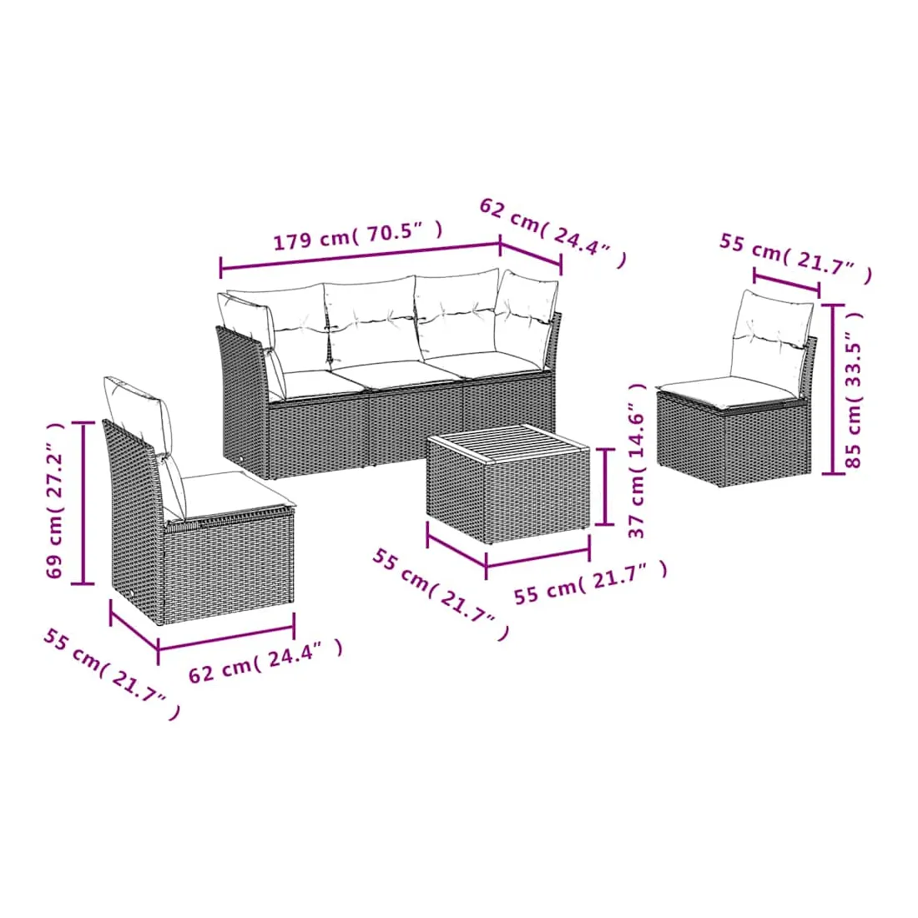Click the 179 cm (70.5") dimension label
[358, 236]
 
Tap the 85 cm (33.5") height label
[855, 389]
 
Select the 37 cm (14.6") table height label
[637, 461]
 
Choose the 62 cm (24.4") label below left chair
[265, 662]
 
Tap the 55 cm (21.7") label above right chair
[795, 258]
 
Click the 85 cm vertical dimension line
[833, 389]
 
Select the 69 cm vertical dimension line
[83, 503]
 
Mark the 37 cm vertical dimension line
[605, 487]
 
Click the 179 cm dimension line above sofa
[360, 256]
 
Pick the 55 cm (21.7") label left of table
[441, 594]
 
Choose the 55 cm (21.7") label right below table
[590, 583]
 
